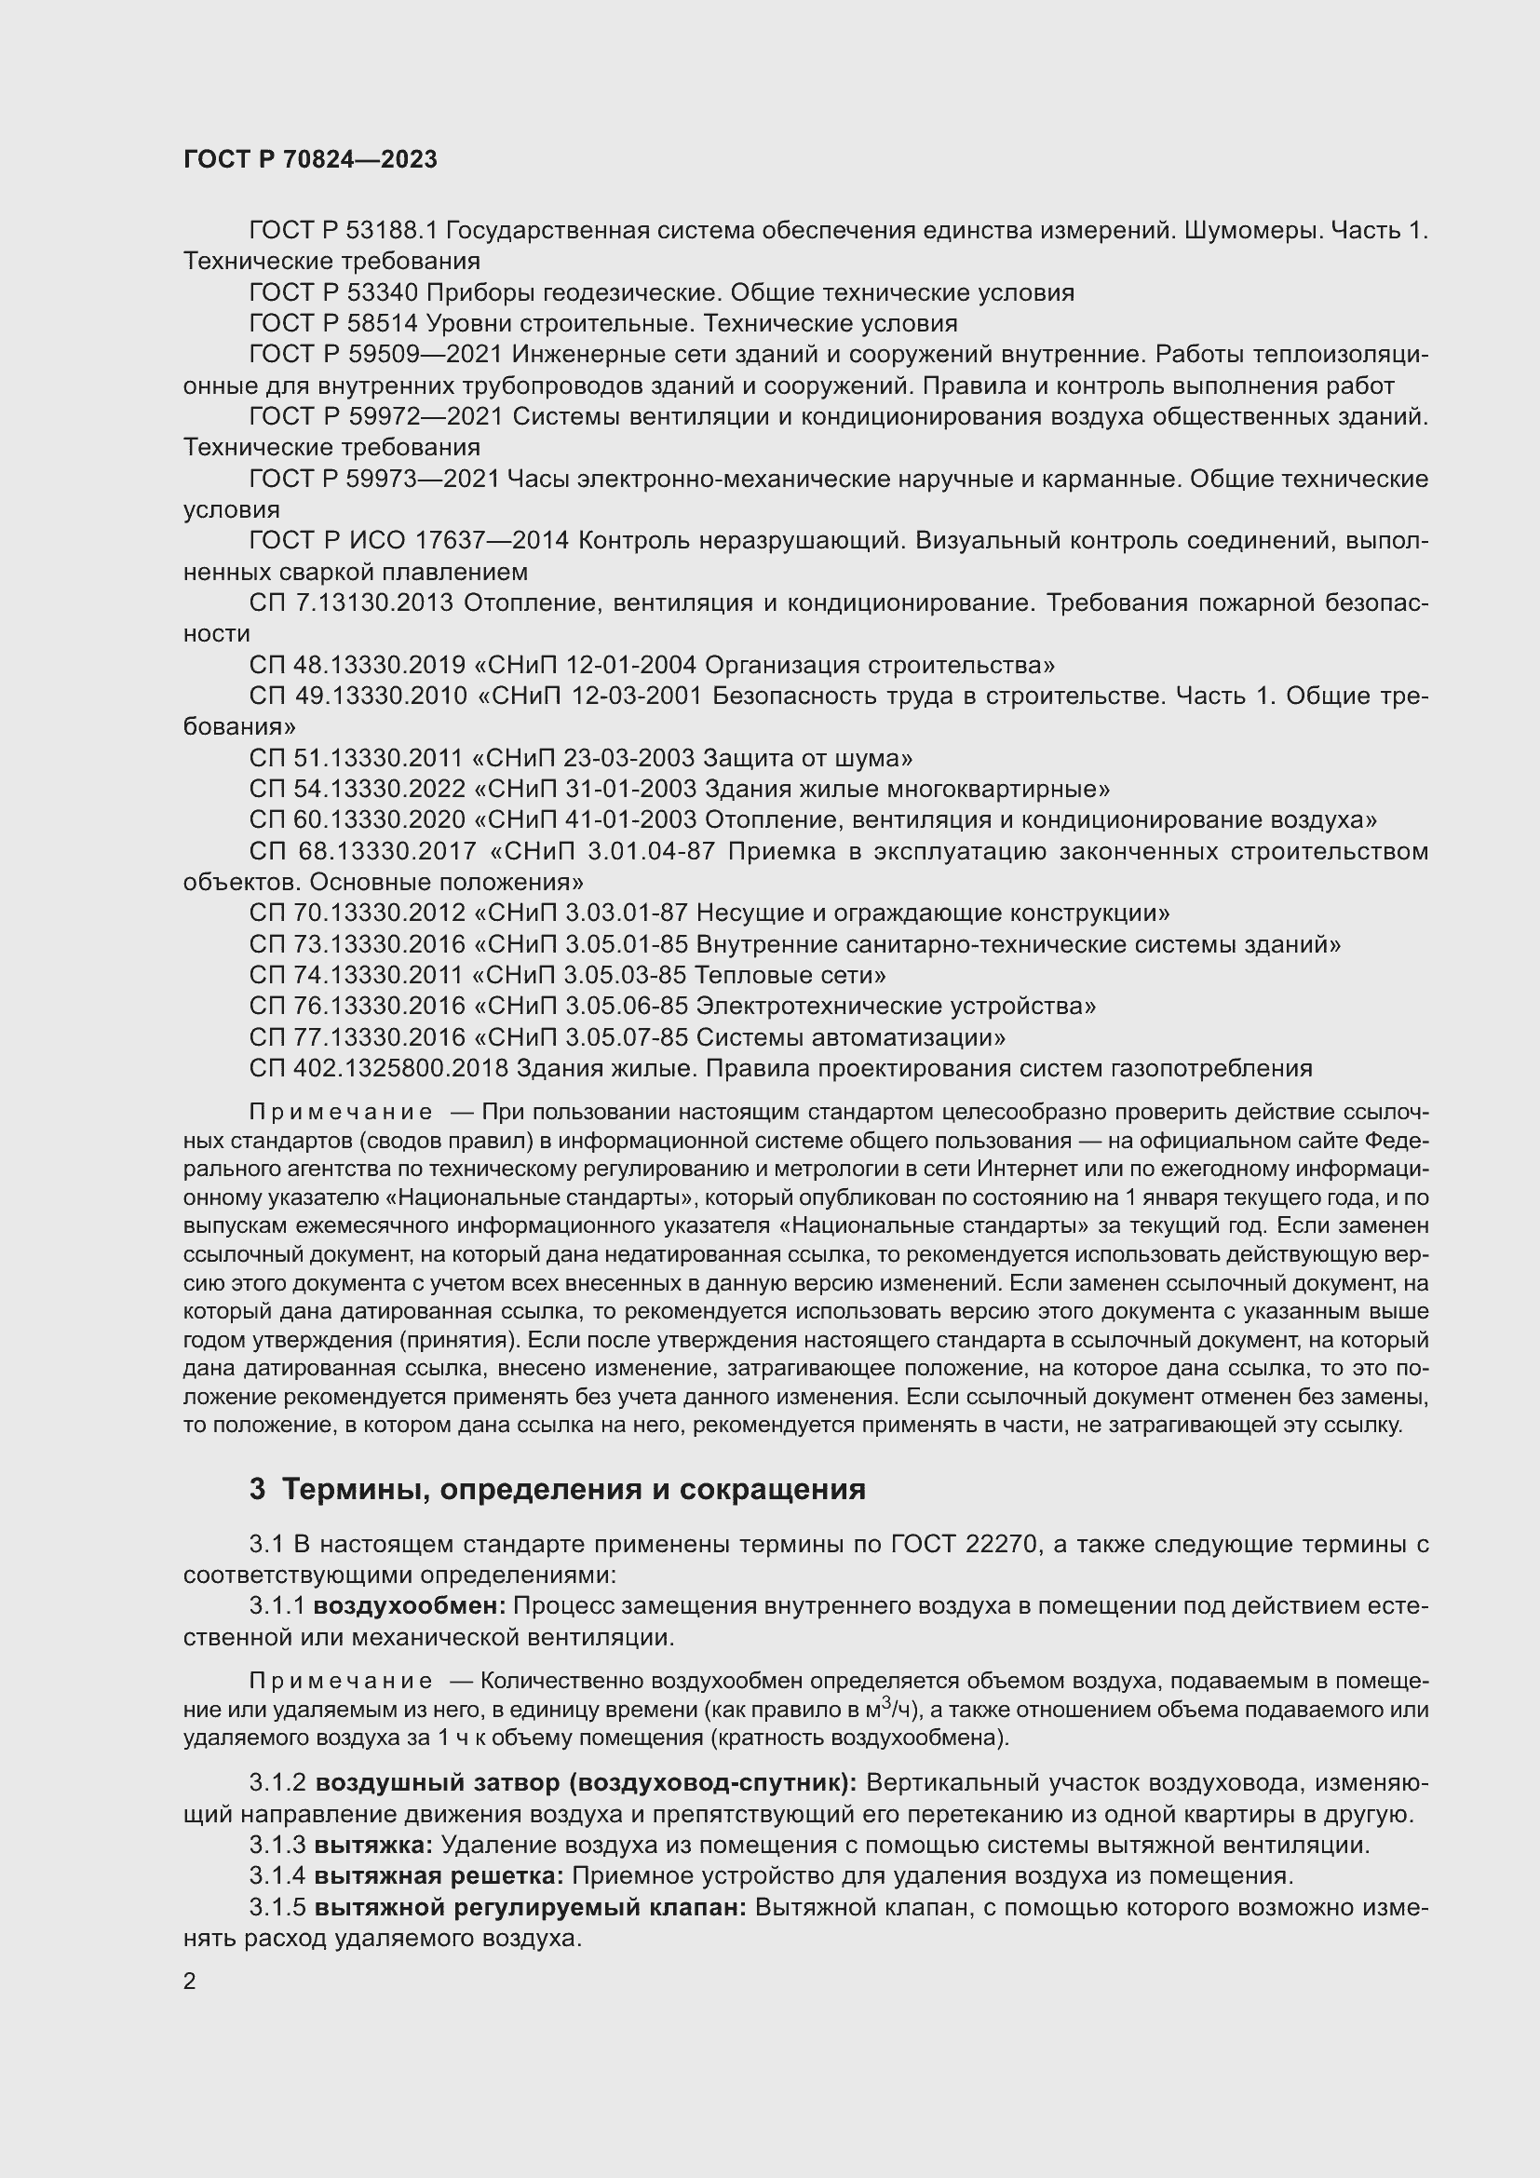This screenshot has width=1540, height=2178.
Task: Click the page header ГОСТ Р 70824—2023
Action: click(310, 159)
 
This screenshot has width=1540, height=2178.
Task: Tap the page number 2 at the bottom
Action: click(190, 1981)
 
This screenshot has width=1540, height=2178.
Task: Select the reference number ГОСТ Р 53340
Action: click(332, 292)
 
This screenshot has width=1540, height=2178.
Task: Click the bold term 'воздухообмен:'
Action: click(410, 1606)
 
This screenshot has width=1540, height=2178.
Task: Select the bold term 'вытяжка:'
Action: click(373, 1845)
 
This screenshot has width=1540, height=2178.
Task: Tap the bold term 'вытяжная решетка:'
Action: click(439, 1875)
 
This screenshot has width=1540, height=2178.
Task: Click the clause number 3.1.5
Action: click(277, 1907)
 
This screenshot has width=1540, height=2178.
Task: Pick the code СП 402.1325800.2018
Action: click(379, 1068)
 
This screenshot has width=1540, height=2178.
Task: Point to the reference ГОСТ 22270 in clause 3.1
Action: click(961, 1544)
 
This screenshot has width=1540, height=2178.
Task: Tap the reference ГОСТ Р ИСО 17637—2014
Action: click(409, 541)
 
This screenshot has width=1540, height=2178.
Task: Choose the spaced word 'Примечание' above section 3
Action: click(341, 1112)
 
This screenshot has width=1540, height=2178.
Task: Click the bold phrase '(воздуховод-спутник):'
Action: click(713, 1782)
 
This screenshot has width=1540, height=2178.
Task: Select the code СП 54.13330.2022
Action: click(358, 790)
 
